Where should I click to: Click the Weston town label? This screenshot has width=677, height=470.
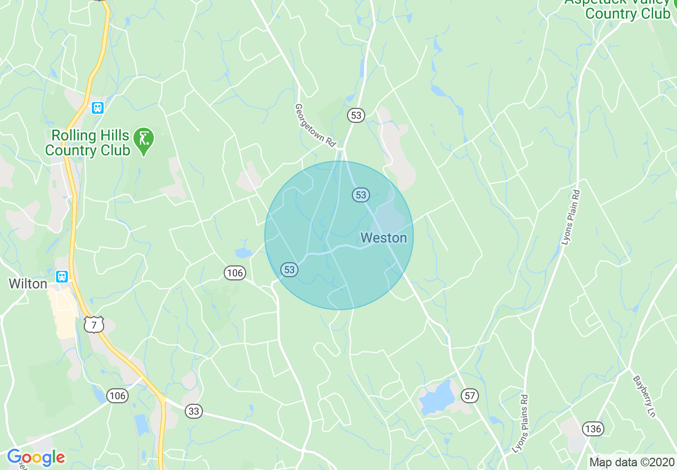383,238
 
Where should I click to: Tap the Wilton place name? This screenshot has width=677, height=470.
28,284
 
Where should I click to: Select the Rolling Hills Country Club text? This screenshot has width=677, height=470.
88,143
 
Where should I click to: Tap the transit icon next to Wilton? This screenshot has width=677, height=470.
62,276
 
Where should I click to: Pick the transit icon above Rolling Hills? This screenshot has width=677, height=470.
97,108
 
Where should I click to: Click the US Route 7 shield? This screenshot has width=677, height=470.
93,324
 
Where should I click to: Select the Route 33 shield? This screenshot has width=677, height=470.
194,411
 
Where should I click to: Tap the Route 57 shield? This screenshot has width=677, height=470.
470,396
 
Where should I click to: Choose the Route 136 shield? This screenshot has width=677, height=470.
593,428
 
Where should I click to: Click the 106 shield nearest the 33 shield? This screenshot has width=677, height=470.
117,395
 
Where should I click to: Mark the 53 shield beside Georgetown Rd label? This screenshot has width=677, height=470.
356,115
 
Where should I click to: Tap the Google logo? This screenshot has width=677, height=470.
36,457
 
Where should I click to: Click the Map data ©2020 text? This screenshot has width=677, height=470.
631,461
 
